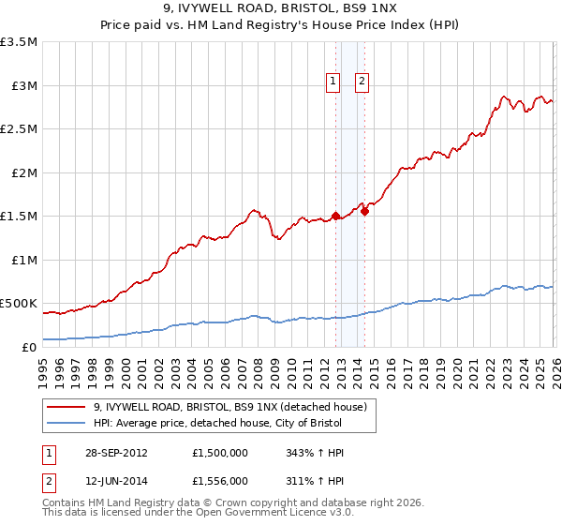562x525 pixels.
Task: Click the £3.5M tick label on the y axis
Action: (19, 42)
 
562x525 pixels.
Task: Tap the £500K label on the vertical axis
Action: (19, 304)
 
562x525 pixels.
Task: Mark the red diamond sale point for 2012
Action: (335, 217)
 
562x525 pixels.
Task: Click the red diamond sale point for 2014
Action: (364, 212)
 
